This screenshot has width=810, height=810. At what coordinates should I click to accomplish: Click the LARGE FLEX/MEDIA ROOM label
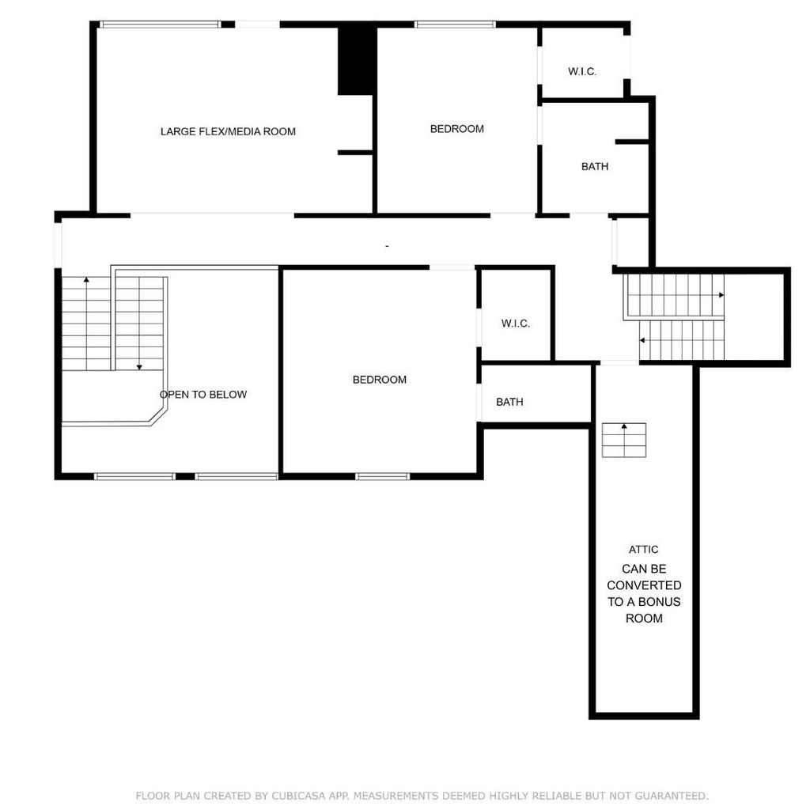point(228,132)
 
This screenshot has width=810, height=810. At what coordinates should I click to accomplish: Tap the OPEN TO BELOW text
point(203,395)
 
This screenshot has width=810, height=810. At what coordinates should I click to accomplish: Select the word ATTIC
point(644,550)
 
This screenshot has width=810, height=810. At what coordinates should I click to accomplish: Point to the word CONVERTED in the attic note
point(644,585)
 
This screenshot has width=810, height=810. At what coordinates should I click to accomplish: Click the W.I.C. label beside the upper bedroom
point(582,72)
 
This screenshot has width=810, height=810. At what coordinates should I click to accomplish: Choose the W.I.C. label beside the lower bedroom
point(516,324)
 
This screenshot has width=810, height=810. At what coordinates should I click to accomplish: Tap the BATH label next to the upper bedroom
point(595,166)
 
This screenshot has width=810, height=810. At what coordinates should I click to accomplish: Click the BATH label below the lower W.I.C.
point(509,402)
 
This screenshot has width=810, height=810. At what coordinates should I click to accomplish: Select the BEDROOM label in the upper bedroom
point(457,129)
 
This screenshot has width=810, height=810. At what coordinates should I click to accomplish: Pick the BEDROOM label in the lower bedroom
point(380,380)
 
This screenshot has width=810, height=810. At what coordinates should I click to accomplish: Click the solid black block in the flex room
point(357,61)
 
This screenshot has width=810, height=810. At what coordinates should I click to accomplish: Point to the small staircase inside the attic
point(624,440)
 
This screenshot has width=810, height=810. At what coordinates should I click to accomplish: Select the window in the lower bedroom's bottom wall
point(382,476)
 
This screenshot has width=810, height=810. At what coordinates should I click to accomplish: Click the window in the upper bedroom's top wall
point(455,24)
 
